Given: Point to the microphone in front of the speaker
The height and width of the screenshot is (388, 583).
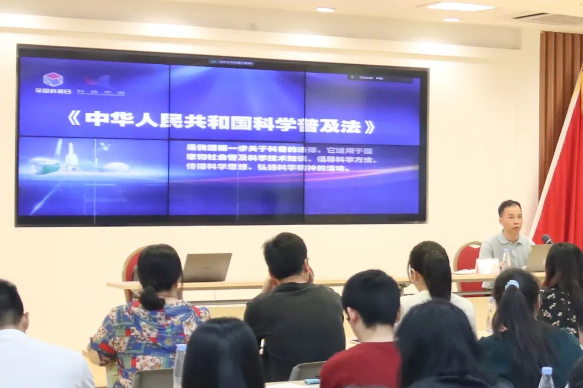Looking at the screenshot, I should click(547, 239).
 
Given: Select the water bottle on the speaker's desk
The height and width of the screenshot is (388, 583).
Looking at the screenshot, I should click(506, 259).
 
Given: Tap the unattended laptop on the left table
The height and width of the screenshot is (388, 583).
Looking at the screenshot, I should click(207, 268).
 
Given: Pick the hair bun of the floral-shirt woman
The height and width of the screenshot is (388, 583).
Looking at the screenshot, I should click(151, 298).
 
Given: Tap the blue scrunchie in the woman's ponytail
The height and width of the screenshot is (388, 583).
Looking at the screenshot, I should click(512, 284).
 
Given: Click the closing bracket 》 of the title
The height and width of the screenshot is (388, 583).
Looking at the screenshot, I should click(369, 127).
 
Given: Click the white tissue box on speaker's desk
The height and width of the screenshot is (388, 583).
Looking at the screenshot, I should click(487, 266).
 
